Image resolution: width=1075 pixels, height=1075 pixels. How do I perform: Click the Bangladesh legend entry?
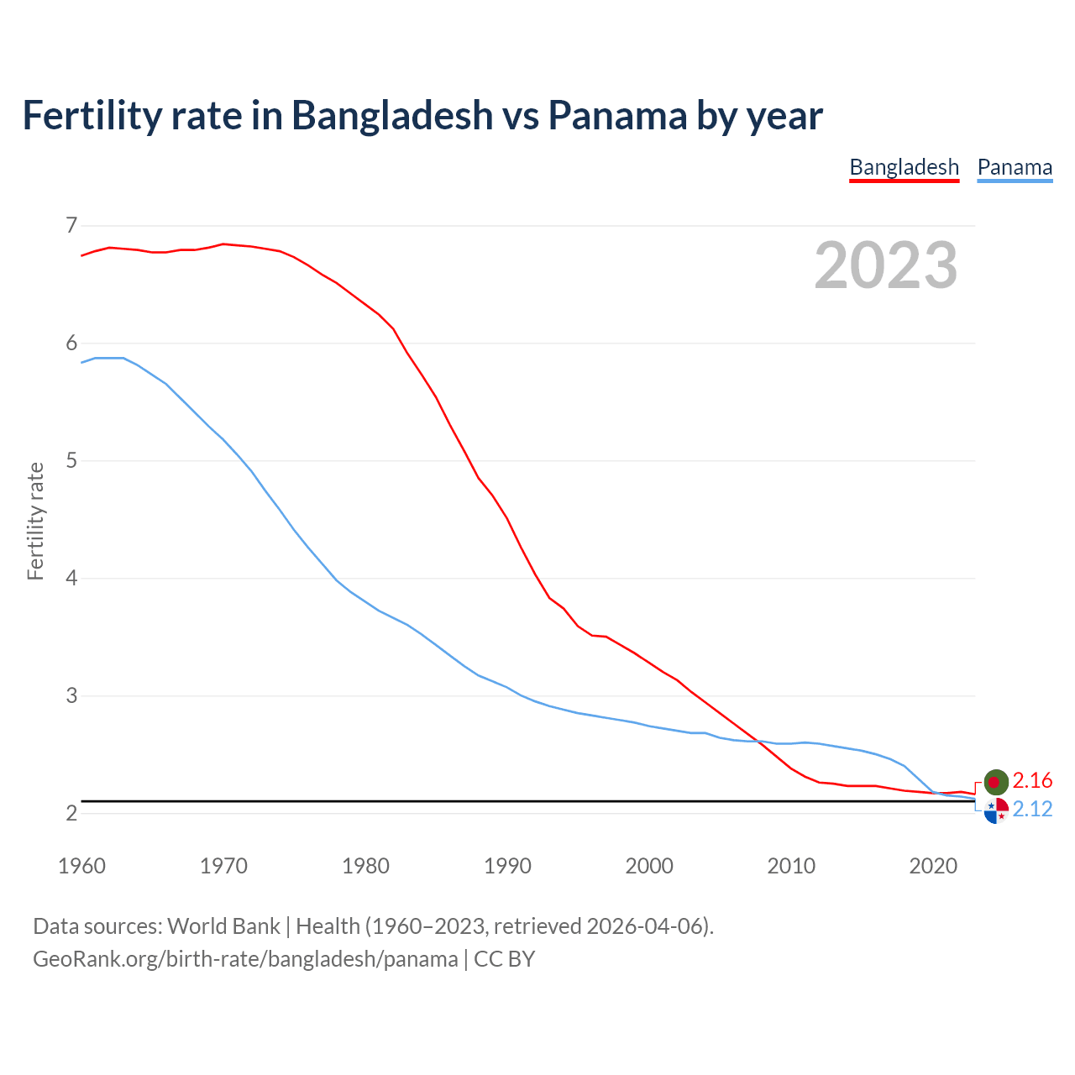(904, 167)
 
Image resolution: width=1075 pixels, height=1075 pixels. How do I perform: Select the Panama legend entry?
(1015, 167)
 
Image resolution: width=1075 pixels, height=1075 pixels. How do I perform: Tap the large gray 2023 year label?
(886, 265)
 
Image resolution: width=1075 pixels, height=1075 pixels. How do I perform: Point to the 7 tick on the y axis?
(71, 225)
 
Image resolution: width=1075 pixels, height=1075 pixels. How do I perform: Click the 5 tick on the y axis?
(71, 460)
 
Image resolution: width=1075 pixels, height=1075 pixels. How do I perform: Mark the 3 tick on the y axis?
(71, 695)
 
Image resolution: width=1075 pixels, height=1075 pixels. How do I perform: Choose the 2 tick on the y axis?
(71, 813)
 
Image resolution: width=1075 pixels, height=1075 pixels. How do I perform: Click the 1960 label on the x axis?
(81, 866)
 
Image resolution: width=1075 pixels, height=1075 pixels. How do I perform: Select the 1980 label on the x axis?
(365, 866)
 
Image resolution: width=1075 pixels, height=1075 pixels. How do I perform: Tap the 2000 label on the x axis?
(649, 866)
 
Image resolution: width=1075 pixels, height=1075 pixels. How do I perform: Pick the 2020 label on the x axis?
(933, 866)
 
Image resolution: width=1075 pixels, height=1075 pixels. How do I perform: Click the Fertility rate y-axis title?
(35, 521)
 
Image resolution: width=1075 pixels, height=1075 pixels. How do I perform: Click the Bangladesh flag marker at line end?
(995, 781)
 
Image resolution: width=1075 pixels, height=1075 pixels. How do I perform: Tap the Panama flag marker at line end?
(996, 811)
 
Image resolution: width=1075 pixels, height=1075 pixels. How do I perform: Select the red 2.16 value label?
(1032, 781)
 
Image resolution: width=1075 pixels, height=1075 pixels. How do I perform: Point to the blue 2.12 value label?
(1032, 809)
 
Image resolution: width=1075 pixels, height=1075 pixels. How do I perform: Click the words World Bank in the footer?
(223, 926)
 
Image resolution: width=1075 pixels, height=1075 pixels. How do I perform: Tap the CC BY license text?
(504, 959)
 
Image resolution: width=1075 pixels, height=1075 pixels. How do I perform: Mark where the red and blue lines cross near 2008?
(758, 741)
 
